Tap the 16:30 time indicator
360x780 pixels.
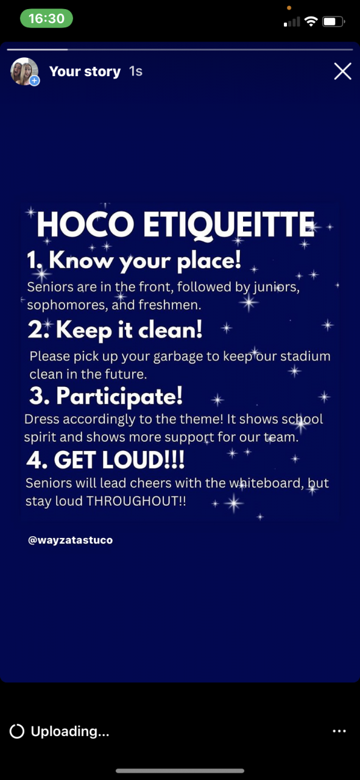(x=46, y=18)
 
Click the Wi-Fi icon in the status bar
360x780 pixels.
(x=311, y=21)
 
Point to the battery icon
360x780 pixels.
(x=333, y=21)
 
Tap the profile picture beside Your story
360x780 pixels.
(x=24, y=71)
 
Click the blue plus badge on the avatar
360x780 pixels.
(x=34, y=81)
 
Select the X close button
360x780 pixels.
(x=342, y=71)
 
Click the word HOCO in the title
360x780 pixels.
(x=85, y=224)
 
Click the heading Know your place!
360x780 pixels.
(x=145, y=261)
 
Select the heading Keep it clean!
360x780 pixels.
(x=129, y=330)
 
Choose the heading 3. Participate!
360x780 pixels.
(x=106, y=397)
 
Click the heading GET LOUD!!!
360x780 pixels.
(x=119, y=459)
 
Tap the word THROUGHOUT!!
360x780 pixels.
(x=136, y=501)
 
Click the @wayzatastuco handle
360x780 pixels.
(x=70, y=540)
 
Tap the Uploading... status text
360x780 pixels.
(x=70, y=731)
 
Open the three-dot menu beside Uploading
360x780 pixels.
(x=339, y=731)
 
